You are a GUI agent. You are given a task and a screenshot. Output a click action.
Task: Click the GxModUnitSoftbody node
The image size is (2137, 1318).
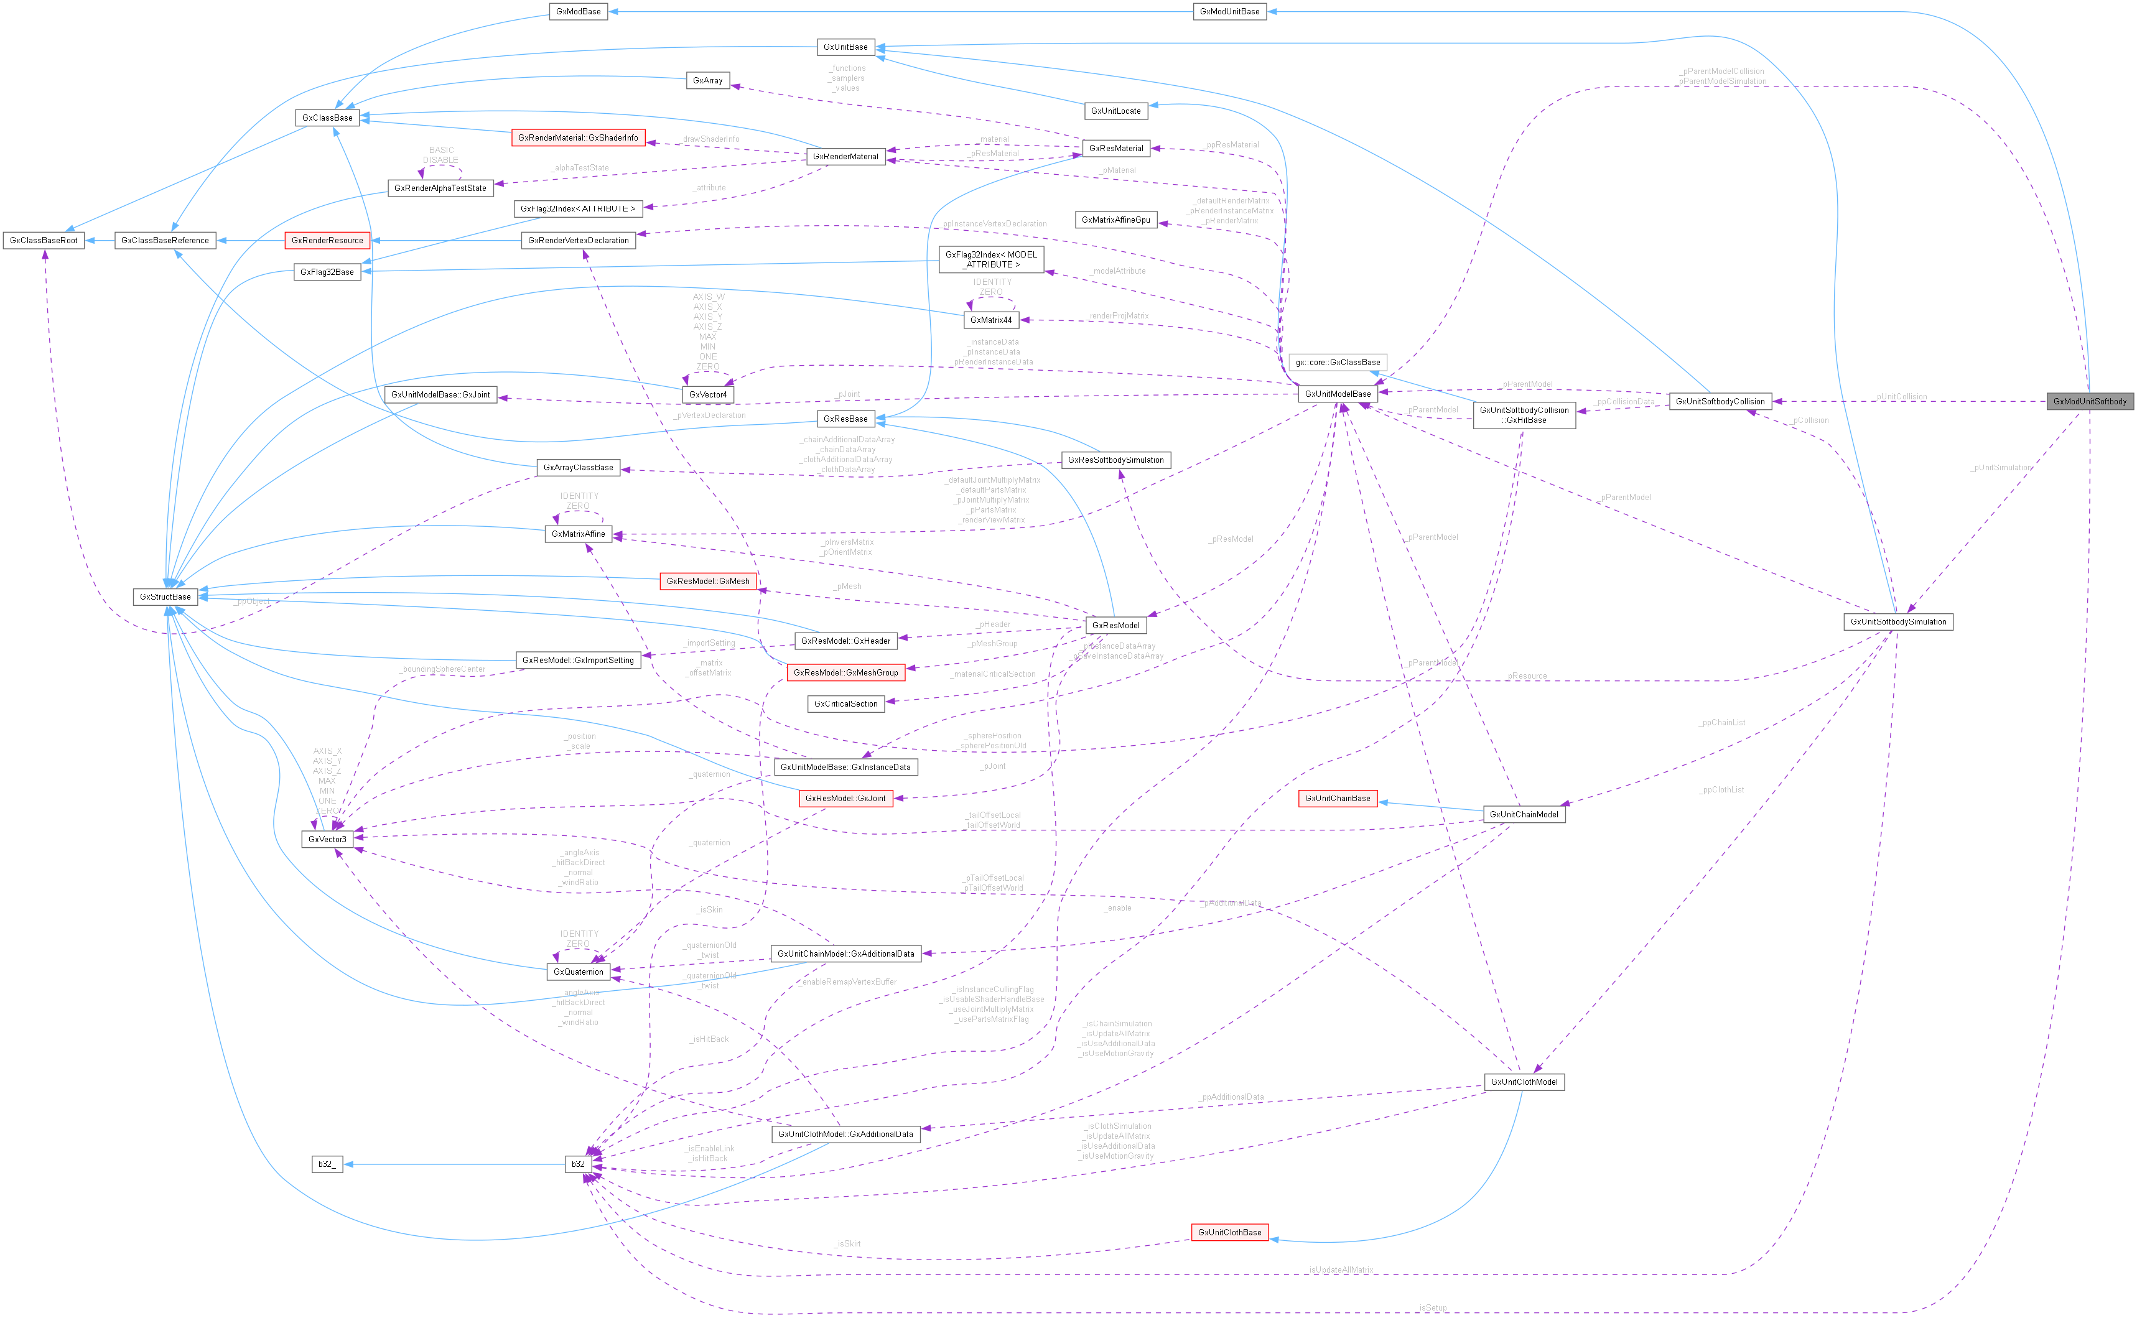[x=2090, y=402]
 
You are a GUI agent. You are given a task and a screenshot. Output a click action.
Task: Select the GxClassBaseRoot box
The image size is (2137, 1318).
[x=44, y=241]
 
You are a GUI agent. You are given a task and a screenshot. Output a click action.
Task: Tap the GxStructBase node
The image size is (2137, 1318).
[x=165, y=597]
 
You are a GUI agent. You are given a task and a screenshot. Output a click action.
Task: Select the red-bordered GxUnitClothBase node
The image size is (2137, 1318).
[x=1229, y=1233]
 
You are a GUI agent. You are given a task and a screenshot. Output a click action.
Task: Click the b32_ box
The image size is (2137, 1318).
[x=327, y=1164]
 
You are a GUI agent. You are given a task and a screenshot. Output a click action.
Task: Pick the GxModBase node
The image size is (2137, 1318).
[x=578, y=11]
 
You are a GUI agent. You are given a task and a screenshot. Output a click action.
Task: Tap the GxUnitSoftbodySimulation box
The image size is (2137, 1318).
[x=1898, y=621]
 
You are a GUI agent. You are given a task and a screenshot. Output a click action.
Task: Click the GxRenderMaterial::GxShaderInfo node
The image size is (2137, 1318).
[x=578, y=137]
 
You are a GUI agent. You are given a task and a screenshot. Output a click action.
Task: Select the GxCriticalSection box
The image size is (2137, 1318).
[x=845, y=703]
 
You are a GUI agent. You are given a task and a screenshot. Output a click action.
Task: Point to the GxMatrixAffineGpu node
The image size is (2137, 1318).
[x=1116, y=220]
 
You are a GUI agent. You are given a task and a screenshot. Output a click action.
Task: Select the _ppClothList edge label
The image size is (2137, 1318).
[x=1721, y=790]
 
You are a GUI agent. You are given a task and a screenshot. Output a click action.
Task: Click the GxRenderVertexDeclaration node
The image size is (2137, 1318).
[x=578, y=241]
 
